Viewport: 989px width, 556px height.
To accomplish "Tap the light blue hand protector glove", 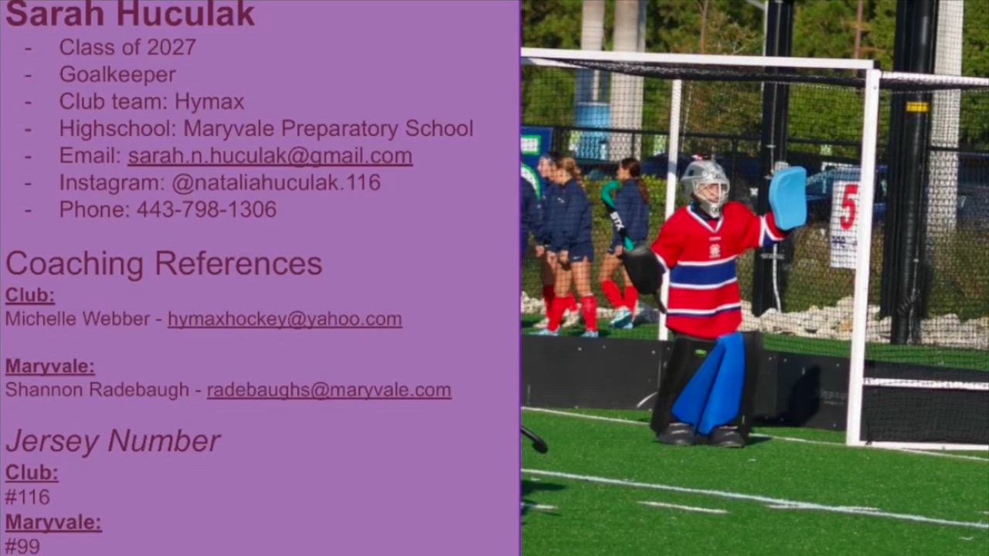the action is click(788, 198).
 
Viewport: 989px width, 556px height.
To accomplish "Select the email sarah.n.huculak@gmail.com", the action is click(270, 156).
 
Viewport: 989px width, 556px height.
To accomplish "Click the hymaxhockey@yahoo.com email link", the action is click(285, 319).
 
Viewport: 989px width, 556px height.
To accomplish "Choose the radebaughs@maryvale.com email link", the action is click(329, 390).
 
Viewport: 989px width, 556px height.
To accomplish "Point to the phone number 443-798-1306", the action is click(206, 209).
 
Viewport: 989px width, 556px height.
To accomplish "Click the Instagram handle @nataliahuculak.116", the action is click(276, 183).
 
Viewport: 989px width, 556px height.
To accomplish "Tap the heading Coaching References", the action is click(164, 264).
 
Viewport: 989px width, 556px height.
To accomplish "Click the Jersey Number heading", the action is click(113, 441).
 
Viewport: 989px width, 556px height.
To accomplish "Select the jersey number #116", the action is click(27, 497).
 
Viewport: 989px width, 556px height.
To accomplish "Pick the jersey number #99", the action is click(22, 547).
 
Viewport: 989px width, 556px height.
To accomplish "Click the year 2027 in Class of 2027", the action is click(172, 47).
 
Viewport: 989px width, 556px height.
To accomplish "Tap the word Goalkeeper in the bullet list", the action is click(117, 75).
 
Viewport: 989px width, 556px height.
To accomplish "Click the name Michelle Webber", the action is click(78, 319).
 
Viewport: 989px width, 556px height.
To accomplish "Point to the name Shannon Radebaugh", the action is click(97, 390).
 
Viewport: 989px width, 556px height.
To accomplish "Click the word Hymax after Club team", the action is click(209, 102).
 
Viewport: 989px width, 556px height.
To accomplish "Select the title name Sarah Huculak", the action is click(131, 14).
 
